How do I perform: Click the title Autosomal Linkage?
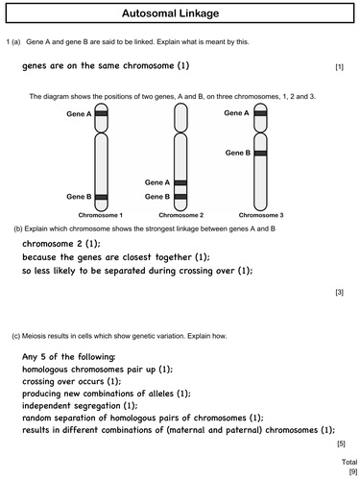tap(180, 13)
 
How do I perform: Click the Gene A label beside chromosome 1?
tap(80, 113)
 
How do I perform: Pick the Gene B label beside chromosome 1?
tap(80, 195)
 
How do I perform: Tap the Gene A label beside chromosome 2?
tap(157, 181)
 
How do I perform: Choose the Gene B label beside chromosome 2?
tap(157, 195)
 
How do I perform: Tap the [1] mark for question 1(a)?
tap(339, 66)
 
